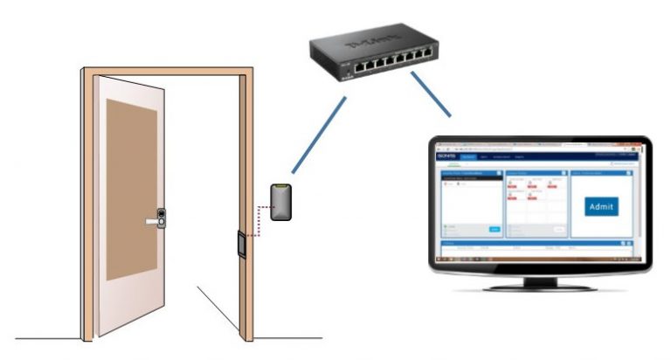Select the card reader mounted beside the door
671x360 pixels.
(x=280, y=202)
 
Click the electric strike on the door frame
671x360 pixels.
(x=239, y=243)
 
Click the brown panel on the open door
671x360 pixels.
(x=131, y=188)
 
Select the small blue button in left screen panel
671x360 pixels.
(x=494, y=229)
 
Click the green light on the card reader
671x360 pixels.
(x=280, y=188)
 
